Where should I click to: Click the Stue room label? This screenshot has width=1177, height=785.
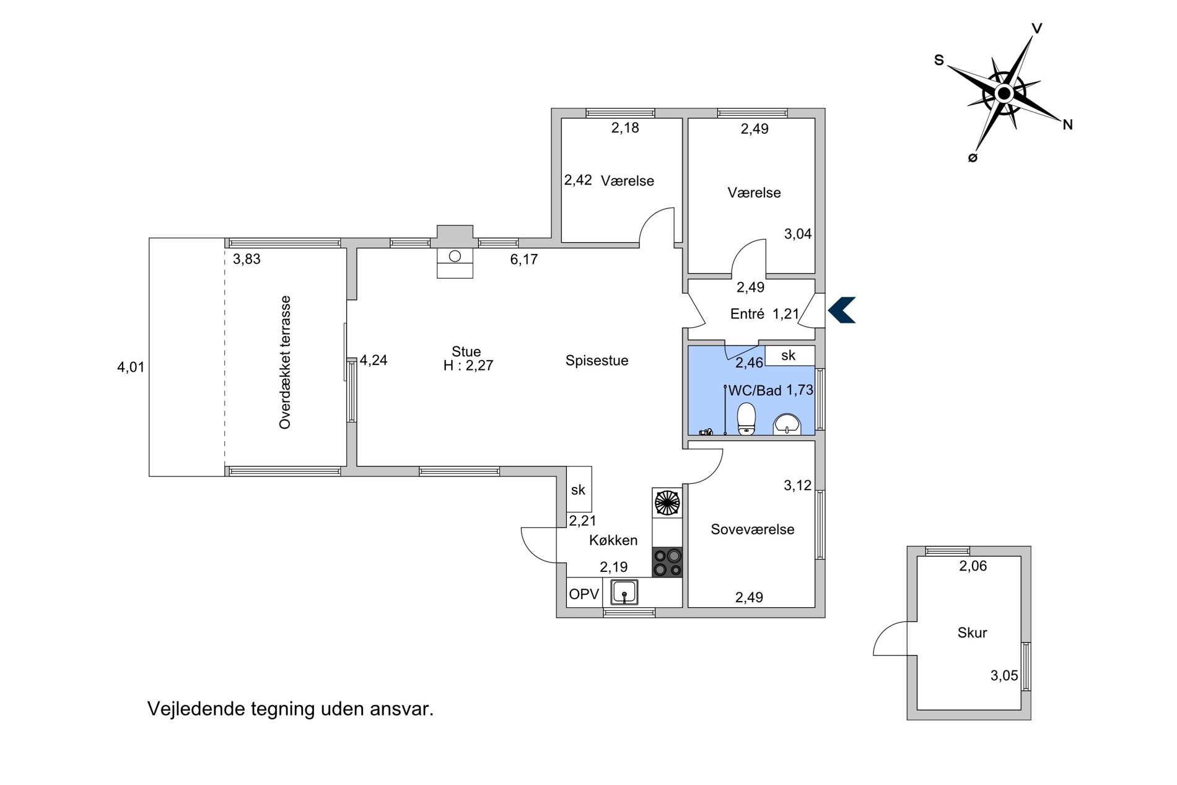[x=466, y=352]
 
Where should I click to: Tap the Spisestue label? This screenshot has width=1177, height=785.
[x=597, y=361]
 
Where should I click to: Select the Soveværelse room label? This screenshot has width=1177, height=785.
[x=752, y=529]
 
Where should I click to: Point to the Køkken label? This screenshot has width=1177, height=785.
[x=613, y=540]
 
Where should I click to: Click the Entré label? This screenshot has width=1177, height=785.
[x=747, y=314]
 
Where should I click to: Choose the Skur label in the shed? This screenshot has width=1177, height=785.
[x=972, y=633]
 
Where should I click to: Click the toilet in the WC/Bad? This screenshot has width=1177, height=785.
[x=746, y=419]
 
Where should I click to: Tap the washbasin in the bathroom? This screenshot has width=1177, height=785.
[x=787, y=424]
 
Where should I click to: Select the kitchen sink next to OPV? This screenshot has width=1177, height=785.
[x=624, y=592]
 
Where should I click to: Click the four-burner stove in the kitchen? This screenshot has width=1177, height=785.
[x=667, y=563]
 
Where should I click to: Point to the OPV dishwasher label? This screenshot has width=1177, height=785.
[x=584, y=594]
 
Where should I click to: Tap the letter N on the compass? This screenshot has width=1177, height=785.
[x=1067, y=125]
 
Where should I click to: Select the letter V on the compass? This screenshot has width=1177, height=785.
[x=1036, y=29]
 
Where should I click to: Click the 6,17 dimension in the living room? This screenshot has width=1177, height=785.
[x=523, y=260]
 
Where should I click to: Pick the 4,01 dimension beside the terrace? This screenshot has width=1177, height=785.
[x=131, y=367]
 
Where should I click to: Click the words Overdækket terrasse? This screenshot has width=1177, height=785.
[x=285, y=362]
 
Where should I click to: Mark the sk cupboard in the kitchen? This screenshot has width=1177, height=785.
[x=579, y=489]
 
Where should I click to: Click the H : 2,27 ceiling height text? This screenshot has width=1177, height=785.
[x=468, y=366]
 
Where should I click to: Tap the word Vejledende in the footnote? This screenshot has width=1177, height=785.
[x=196, y=709]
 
